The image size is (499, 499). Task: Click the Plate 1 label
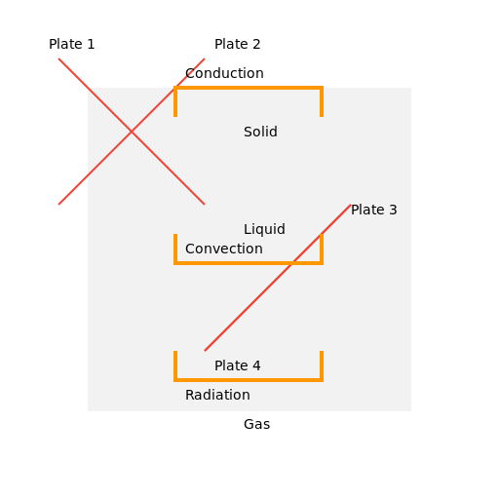[x=71, y=44]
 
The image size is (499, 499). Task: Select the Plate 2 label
[x=238, y=44]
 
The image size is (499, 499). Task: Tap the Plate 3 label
[x=374, y=210]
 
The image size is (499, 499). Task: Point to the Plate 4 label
[x=238, y=365]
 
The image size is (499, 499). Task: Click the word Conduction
[x=224, y=73]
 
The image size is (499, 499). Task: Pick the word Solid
[x=260, y=132]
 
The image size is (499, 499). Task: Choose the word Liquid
[x=264, y=229]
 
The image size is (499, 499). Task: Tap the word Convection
[x=224, y=249]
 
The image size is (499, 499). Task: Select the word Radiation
[x=217, y=395]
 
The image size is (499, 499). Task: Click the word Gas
[x=257, y=424]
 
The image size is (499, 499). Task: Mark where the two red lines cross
[x=132, y=132]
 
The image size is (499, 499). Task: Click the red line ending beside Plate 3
[x=278, y=278]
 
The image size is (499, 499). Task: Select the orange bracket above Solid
[x=249, y=88]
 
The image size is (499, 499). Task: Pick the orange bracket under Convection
[x=249, y=263]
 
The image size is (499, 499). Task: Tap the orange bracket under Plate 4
[x=249, y=380]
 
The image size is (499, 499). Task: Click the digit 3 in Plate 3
[x=393, y=210]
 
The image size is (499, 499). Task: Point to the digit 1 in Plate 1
[x=91, y=44]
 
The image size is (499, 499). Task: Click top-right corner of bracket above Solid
[x=322, y=88]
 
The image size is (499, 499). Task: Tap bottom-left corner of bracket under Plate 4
[x=175, y=380]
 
